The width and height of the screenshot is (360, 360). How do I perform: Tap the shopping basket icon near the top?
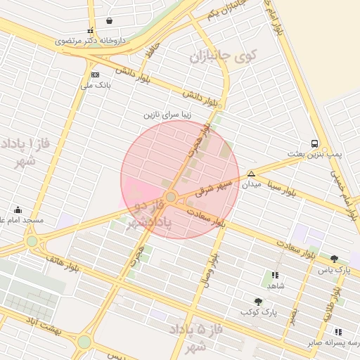(109, 21)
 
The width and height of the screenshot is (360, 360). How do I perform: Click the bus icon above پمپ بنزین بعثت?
(314, 143)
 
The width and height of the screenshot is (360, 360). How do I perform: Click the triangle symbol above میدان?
(251, 174)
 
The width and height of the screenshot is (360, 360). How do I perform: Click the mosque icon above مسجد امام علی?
(18, 210)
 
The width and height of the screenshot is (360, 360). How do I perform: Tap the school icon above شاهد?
(275, 276)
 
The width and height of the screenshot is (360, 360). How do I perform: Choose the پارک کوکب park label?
(258, 311)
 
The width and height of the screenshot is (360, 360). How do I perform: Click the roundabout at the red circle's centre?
(171, 197)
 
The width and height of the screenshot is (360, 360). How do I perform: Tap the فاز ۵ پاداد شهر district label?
(195, 337)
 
